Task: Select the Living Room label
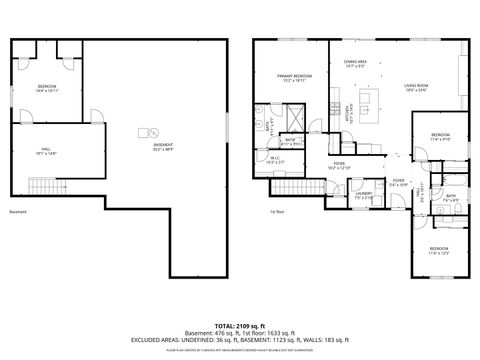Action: coord(417,88)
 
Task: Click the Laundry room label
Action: coord(364,195)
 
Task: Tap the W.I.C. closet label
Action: coord(273,159)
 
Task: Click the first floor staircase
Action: coord(290,188)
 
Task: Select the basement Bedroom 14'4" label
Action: coord(47,89)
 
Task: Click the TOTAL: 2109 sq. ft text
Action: coord(239,326)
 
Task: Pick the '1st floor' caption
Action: coord(277,212)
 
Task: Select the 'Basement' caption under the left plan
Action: coord(17,212)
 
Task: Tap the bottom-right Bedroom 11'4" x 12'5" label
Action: coord(439,249)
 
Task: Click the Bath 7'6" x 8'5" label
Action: coord(451,198)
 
